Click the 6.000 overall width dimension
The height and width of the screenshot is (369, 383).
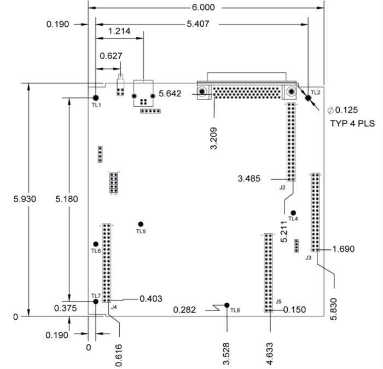click(x=203, y=8)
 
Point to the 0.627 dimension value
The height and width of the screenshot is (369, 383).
click(x=111, y=55)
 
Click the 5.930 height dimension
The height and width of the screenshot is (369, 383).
click(x=25, y=199)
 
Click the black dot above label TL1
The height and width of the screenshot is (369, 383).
click(x=96, y=97)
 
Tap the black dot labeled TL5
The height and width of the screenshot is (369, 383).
click(x=141, y=224)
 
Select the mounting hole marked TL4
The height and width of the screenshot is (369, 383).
click(x=293, y=212)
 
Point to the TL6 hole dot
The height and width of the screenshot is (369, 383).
click(x=96, y=244)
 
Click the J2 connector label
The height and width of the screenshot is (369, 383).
click(x=282, y=188)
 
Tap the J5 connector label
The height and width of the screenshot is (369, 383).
click(x=278, y=301)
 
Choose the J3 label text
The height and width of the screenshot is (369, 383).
click(x=309, y=257)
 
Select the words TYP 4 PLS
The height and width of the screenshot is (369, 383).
click(x=352, y=123)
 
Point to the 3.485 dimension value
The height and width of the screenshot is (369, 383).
click(x=249, y=178)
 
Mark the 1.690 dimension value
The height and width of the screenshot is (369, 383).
click(x=344, y=249)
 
